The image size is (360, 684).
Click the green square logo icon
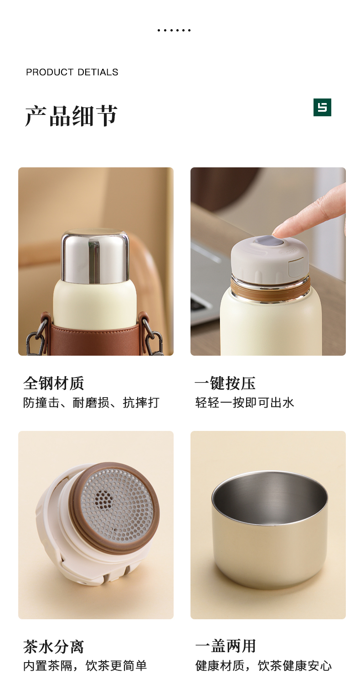click(322, 107)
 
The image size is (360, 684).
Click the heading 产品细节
click(71, 116)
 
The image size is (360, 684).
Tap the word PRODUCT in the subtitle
click(49, 72)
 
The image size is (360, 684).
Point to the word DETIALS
click(98, 72)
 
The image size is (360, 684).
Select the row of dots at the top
click(174, 30)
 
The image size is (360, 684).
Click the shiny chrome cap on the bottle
click(95, 256)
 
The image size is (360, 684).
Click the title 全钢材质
click(54, 383)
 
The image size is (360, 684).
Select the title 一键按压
click(226, 383)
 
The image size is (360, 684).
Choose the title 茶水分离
click(54, 647)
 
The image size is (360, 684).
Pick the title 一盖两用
click(226, 647)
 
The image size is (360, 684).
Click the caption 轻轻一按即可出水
click(245, 403)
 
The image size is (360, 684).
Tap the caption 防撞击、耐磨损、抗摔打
click(91, 403)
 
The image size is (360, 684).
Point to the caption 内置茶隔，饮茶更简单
click(85, 666)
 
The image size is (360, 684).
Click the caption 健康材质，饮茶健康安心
click(263, 666)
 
